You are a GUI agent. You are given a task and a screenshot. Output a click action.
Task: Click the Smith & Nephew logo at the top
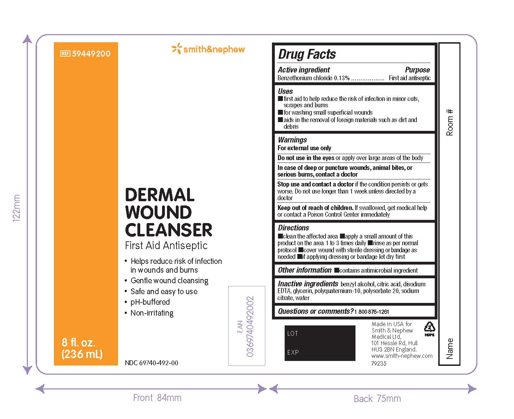(208, 49)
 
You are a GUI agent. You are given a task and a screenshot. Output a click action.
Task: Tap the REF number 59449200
(91, 53)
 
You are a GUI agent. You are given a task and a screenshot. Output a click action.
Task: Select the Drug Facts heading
(306, 54)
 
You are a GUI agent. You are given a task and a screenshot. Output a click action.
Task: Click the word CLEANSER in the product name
(168, 230)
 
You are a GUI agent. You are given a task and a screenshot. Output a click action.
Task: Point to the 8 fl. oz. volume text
(79, 342)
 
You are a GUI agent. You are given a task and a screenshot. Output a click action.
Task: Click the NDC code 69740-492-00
(151, 363)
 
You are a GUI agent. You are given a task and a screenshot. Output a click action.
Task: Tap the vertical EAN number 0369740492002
(250, 326)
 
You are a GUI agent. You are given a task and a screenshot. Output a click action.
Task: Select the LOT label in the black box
(292, 334)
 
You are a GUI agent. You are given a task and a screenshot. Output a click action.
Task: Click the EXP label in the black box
(293, 352)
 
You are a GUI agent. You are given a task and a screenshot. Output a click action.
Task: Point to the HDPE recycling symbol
(429, 329)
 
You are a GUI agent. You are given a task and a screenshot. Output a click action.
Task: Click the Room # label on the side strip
(450, 122)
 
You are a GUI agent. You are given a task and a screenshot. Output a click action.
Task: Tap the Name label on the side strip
(450, 348)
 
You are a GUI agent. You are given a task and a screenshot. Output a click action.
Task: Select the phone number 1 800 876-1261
(371, 312)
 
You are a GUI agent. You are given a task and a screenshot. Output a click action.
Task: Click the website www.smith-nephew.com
(402, 356)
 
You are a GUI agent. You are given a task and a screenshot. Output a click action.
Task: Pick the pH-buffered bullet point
(150, 302)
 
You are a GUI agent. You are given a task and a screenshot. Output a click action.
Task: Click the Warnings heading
(292, 140)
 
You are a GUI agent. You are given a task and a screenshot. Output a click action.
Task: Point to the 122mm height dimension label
(17, 208)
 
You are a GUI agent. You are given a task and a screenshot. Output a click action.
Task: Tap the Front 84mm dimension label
(157, 398)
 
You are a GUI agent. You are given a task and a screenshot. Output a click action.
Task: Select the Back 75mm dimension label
(377, 399)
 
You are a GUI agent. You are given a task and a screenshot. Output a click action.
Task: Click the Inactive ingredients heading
(308, 284)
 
